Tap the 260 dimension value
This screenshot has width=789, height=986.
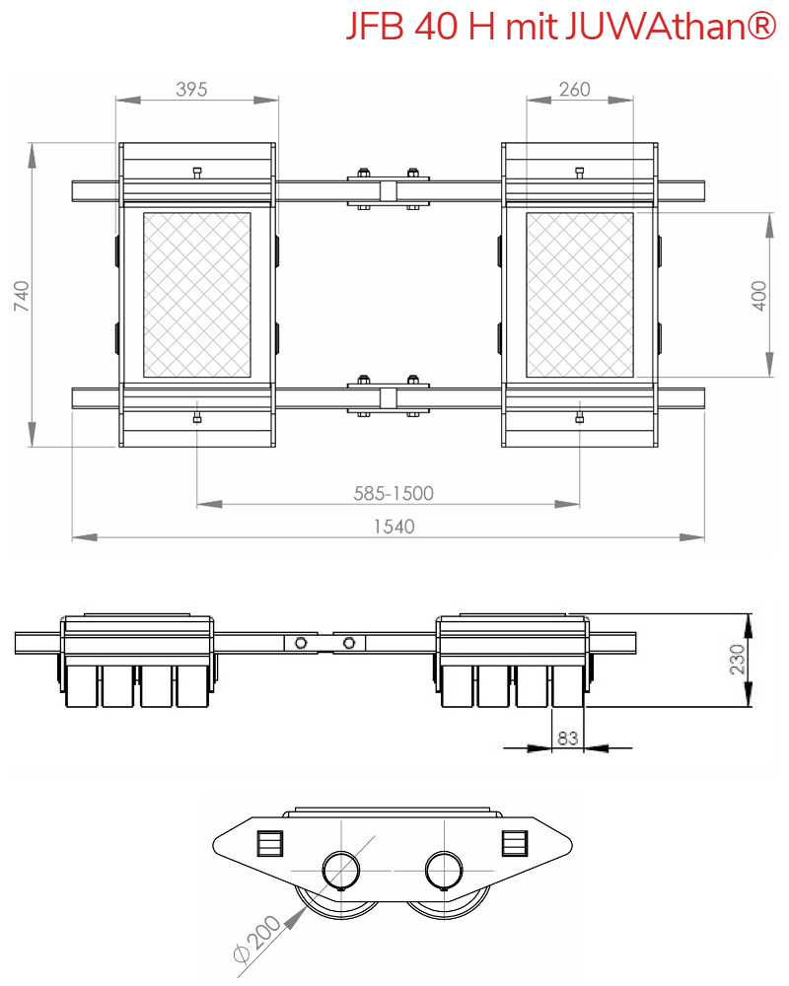[x=574, y=90]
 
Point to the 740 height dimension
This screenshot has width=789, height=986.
[x=22, y=295]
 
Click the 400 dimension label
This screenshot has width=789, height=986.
[x=759, y=295]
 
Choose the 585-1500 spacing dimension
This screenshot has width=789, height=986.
[x=394, y=492]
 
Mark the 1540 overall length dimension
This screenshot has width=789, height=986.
[x=394, y=527]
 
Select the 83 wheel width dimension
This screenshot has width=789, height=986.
[x=567, y=737]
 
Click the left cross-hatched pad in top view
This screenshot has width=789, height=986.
[x=197, y=295]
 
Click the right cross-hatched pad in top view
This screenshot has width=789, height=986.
[x=579, y=295]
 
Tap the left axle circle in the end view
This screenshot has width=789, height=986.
[x=342, y=871]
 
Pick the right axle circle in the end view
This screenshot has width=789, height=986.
[x=445, y=871]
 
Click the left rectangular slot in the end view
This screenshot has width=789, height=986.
[x=269, y=844]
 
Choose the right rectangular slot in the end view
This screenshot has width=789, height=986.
[x=514, y=844]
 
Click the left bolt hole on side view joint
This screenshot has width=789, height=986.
[x=301, y=644]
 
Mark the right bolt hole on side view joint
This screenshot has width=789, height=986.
[x=347, y=644]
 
